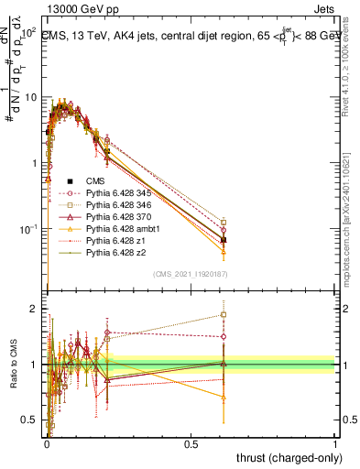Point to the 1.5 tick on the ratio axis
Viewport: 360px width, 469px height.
click(32, 337)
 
